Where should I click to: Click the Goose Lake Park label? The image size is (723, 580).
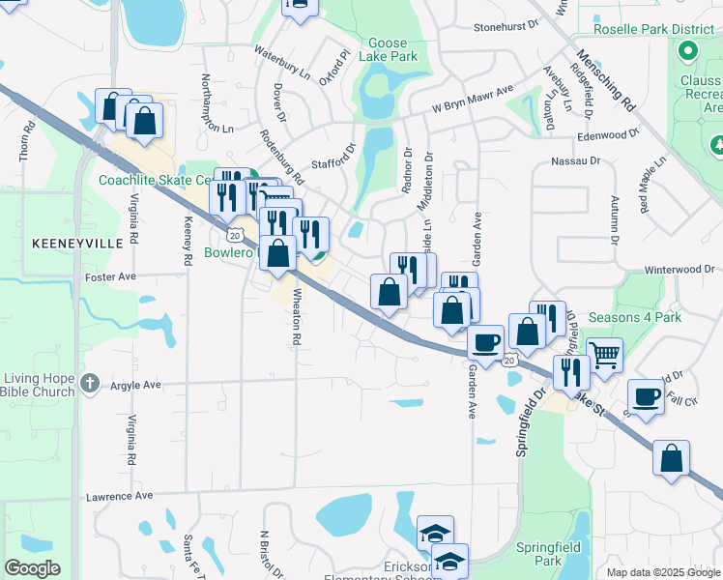coord(392,50)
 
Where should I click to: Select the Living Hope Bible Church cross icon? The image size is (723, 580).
coord(90,383)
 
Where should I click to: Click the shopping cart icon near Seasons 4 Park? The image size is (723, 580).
coord(604,355)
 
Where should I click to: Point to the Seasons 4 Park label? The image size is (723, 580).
coord(634,317)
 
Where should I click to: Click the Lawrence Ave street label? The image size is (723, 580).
coord(120,496)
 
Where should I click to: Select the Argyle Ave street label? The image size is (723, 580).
coord(134,385)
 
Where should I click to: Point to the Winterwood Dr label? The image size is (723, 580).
coord(680,270)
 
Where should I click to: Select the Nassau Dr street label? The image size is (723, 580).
coord(575,160)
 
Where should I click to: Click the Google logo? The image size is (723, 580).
coord(32,568)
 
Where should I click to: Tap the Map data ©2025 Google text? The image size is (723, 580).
coord(663,572)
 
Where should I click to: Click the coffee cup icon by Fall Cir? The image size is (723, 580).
coord(646,395)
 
